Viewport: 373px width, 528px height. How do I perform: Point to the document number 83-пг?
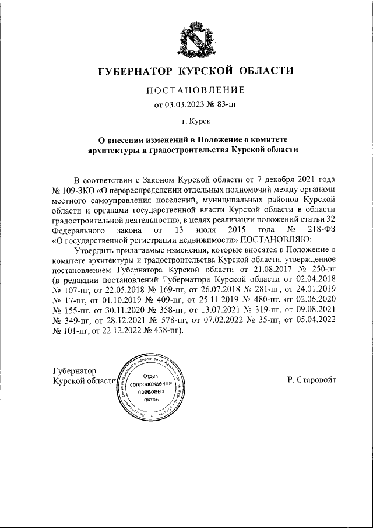click(221, 105)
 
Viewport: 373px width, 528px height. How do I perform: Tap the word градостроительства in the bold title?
click(186, 149)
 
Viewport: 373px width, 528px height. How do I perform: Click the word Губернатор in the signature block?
click(75, 371)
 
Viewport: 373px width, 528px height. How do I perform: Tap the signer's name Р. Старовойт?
click(312, 380)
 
